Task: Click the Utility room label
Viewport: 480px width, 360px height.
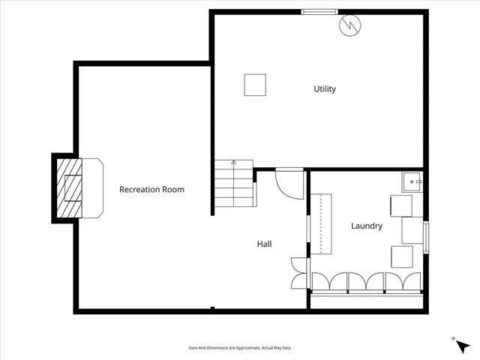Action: click(325, 89)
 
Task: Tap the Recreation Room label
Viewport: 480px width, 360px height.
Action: click(151, 190)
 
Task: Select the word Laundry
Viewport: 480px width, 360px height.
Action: click(367, 226)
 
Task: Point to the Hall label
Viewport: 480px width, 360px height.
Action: click(264, 244)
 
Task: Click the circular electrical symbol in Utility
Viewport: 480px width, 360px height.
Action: click(349, 26)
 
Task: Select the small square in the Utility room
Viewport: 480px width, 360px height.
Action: click(255, 85)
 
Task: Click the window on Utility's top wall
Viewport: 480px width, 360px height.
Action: click(319, 11)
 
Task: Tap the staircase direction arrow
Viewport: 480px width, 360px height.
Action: click(233, 163)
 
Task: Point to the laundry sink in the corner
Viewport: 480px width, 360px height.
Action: click(413, 181)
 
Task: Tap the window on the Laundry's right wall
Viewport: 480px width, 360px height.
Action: click(426, 237)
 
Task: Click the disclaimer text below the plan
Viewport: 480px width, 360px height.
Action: click(240, 348)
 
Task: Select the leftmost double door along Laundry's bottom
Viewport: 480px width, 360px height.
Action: click(330, 281)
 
